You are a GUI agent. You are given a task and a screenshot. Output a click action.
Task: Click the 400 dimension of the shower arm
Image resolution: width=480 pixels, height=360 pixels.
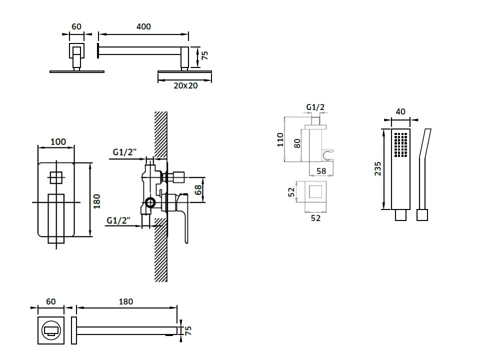(143, 26)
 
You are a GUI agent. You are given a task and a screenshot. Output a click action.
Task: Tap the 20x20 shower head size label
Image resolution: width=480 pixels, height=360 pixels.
(185, 85)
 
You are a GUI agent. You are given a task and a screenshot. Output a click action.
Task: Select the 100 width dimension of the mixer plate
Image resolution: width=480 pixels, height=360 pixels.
(58, 141)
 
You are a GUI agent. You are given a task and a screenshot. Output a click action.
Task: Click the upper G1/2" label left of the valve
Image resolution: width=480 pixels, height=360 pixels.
(124, 152)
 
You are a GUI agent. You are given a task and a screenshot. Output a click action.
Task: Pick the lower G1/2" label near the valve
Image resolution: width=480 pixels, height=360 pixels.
(118, 219)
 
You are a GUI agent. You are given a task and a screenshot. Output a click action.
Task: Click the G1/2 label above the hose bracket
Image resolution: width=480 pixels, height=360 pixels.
(315, 107)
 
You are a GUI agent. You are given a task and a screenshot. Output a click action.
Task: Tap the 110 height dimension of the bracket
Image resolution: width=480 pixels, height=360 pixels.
(280, 139)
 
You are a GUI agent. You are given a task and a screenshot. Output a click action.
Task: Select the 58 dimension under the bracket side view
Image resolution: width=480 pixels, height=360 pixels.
(321, 171)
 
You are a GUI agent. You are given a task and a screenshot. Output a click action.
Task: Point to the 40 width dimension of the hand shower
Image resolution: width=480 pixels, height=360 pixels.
(400, 111)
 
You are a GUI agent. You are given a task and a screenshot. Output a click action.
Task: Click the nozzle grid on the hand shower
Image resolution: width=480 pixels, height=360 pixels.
(401, 144)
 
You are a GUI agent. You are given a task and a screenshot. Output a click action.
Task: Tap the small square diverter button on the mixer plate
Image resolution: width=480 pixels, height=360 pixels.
(55, 177)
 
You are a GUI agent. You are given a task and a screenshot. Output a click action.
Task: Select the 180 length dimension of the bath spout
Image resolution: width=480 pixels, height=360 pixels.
(126, 301)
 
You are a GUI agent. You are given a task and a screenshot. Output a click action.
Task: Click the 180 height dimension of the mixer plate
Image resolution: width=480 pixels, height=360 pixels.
(97, 200)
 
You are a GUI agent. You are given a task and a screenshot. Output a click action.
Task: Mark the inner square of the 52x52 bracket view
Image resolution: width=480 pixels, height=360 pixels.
(315, 193)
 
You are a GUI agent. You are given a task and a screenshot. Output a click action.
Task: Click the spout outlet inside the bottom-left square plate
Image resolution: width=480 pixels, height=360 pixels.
(51, 329)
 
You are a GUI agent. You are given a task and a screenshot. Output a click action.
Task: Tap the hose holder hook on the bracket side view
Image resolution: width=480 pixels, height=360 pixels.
(328, 155)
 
